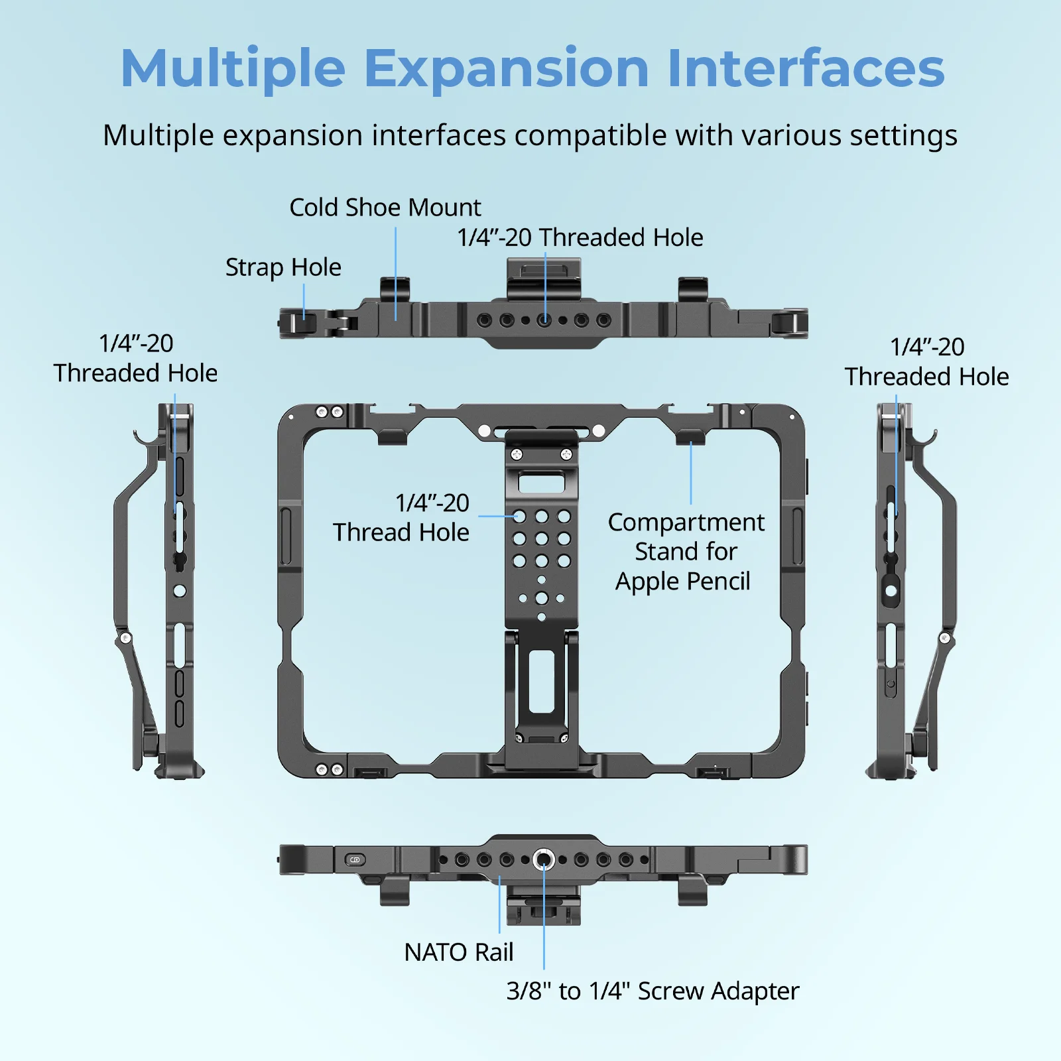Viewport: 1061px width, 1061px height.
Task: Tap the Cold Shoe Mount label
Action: (x=385, y=208)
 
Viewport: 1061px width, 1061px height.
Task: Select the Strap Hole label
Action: (x=283, y=267)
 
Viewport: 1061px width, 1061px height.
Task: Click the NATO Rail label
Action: (x=458, y=952)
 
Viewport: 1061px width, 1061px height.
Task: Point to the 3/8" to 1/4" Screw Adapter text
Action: (x=653, y=991)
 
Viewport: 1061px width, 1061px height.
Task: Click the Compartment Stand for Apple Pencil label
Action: (x=685, y=551)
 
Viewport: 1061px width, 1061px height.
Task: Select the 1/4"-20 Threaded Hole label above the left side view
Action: (x=135, y=358)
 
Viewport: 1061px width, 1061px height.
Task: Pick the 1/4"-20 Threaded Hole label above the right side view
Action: (x=926, y=361)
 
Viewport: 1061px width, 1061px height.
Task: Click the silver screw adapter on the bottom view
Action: (x=544, y=860)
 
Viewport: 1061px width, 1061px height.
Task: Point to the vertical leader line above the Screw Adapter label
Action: (x=544, y=928)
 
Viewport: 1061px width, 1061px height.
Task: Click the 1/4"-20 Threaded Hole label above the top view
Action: (x=580, y=237)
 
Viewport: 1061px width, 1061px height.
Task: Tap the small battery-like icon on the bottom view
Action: (x=355, y=860)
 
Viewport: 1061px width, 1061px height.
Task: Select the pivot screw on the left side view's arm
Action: (x=125, y=639)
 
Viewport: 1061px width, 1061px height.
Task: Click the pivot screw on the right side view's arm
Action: (x=945, y=639)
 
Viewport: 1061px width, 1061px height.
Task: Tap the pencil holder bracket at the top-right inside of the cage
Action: (x=690, y=437)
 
